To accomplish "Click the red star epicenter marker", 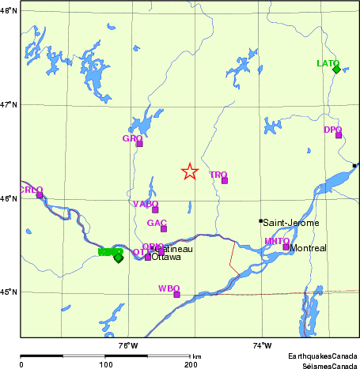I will (189, 171).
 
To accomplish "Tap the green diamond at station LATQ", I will (336, 70).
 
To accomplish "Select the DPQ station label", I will (332, 130).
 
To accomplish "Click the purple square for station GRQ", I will (139, 144).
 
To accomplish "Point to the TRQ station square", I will (225, 181).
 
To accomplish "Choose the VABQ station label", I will (146, 204).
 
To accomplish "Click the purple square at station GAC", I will (164, 229).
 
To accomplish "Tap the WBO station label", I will (169, 288).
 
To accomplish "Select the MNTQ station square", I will (286, 247).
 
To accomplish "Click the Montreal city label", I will (308, 248).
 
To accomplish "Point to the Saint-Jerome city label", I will (290, 223).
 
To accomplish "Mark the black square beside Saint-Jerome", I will (261, 221).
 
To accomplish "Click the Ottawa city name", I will (165, 258).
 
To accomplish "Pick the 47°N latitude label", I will (8, 104).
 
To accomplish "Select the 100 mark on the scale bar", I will (105, 364).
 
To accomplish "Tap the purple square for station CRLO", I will (40, 195).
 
